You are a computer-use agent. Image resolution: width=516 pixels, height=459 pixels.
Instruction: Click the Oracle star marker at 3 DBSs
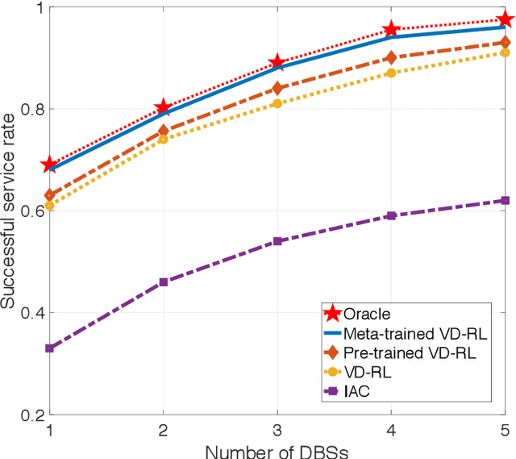(277, 62)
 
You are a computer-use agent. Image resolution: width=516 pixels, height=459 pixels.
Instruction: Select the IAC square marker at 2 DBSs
(163, 282)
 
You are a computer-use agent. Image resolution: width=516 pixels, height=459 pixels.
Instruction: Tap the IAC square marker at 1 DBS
(49, 348)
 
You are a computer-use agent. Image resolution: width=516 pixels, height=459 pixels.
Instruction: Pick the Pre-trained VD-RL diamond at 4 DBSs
(391, 57)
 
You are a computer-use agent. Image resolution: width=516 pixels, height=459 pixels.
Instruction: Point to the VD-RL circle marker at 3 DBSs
(277, 103)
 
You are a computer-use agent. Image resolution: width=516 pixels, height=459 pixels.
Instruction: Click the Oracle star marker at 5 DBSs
(505, 19)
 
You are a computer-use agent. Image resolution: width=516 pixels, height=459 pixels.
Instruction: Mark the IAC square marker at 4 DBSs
(391, 215)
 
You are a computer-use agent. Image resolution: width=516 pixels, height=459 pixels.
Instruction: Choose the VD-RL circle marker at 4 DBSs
(391, 73)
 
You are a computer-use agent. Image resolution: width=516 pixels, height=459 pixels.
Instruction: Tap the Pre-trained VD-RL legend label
(398, 353)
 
